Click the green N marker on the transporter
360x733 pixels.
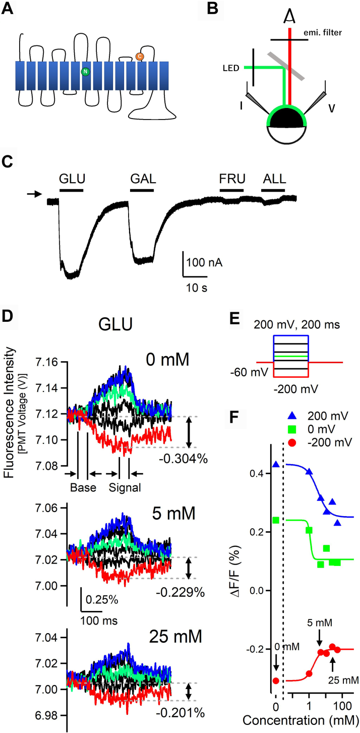[x=85, y=72]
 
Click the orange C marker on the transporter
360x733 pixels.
[x=140, y=58]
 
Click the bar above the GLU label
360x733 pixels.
[x=71, y=190]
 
